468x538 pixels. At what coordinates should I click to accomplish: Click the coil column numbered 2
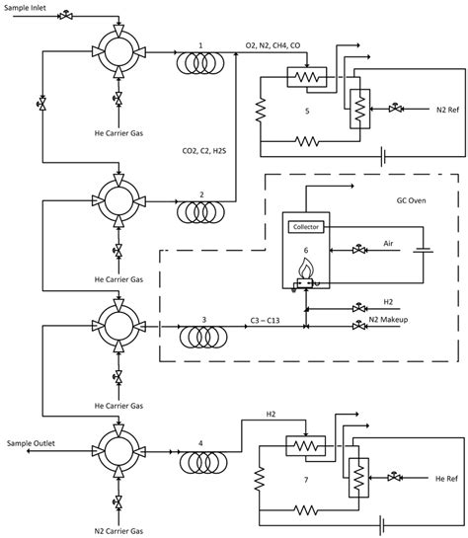click(200, 211)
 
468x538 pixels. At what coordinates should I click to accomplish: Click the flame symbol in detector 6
click(304, 269)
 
